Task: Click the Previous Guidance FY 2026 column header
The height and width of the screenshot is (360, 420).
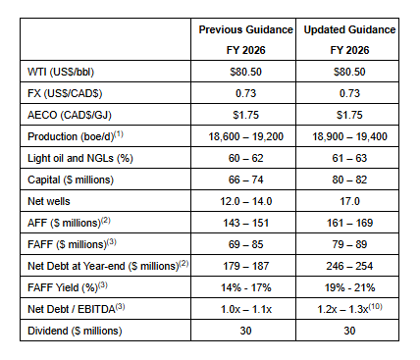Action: pos(245,39)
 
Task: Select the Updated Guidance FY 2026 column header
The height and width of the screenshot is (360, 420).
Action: pos(349,39)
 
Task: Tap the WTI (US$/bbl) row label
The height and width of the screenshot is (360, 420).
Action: pos(61,72)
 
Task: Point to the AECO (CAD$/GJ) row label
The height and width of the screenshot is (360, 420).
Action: pos(70,115)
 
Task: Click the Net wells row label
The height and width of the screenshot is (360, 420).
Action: pos(49,201)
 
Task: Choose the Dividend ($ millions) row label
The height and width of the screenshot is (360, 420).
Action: pos(75,331)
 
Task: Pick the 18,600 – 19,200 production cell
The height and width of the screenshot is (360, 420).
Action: pos(246,136)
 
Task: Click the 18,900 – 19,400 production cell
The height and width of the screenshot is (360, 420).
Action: pos(349,136)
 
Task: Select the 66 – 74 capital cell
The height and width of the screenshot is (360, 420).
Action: pos(246,180)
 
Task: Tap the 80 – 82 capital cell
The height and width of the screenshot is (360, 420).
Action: pos(349,180)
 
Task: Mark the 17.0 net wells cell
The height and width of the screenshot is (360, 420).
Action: pos(349,201)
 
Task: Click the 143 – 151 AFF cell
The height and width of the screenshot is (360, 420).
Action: pos(246,223)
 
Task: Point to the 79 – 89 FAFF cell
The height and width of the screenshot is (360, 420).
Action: pos(349,244)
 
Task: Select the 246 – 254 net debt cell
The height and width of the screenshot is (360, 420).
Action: pos(349,266)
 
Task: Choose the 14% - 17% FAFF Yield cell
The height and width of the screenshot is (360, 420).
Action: pos(246,287)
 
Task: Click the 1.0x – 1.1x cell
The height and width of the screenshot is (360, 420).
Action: pos(246,309)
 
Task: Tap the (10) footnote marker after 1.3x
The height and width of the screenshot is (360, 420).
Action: pos(375,307)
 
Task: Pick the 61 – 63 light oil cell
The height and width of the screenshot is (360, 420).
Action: pos(349,158)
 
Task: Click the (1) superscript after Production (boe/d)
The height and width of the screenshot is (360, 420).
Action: pos(119,134)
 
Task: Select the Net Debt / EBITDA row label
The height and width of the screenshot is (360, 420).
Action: pos(77,309)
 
